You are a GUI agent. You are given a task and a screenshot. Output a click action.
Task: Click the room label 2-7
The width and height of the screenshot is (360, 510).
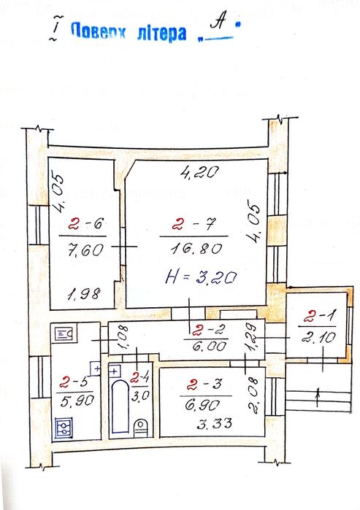[x=194, y=224]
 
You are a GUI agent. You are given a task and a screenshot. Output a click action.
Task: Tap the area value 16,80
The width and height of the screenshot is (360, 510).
[x=196, y=249]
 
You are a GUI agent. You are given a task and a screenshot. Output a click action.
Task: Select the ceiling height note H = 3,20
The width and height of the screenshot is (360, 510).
[x=201, y=277]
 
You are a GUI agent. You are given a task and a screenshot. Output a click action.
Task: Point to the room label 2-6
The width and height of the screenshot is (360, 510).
[x=85, y=224]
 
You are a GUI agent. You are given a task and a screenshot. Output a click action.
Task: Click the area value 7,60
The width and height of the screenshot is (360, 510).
[x=85, y=250]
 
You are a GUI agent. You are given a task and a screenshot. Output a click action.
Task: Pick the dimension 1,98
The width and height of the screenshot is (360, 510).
[x=84, y=294]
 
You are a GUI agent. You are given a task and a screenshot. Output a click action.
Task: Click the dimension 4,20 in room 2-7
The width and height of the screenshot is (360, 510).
[x=199, y=172]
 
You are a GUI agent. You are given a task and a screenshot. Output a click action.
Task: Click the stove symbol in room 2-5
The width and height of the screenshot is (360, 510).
[x=63, y=428]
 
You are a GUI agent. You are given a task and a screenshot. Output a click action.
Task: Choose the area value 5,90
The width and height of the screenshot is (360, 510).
[x=77, y=401]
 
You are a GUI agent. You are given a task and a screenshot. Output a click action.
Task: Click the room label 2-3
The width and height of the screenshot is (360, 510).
[x=204, y=385]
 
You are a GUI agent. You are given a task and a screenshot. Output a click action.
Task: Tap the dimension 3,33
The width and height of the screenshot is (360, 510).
[x=214, y=423]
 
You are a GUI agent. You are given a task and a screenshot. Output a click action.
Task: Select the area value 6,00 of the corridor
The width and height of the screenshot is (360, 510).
[x=210, y=346]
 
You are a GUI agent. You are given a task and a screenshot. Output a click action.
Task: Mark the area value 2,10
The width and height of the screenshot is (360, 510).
[x=318, y=337]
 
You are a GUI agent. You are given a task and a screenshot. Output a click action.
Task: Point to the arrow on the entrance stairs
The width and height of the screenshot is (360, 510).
[x=318, y=397]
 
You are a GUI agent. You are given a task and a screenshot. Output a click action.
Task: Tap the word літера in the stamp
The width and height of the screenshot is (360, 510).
[x=161, y=33]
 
